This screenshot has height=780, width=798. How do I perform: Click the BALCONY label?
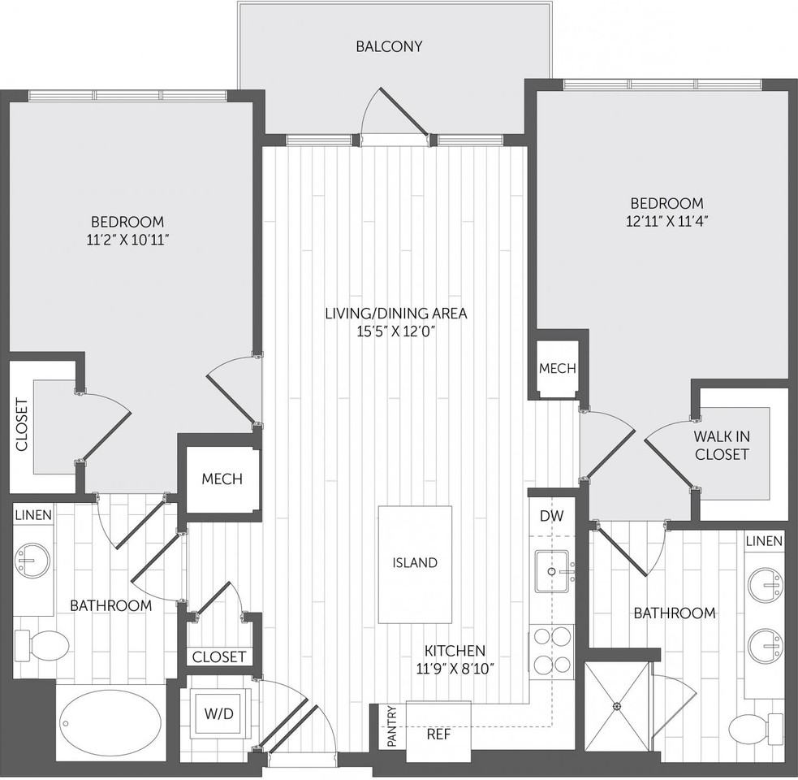click(x=390, y=46)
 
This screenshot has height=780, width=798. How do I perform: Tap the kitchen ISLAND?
click(x=415, y=563)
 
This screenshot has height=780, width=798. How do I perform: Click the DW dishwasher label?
click(x=551, y=515)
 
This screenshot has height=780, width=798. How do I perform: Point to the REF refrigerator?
click(x=438, y=733)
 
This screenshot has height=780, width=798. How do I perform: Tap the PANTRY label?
click(x=391, y=726)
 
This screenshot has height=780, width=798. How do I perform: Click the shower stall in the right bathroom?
click(x=618, y=707)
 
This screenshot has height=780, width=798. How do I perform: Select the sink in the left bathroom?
click(x=32, y=560)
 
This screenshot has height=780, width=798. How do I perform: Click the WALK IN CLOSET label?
click(x=721, y=446)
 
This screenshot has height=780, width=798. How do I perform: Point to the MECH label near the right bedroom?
click(x=557, y=368)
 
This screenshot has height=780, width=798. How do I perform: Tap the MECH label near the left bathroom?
click(x=222, y=479)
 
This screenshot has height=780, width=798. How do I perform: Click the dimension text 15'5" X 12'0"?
click(x=396, y=331)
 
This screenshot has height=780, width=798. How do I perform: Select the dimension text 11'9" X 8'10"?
click(x=455, y=669)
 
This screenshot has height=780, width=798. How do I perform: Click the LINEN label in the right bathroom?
click(x=764, y=541)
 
